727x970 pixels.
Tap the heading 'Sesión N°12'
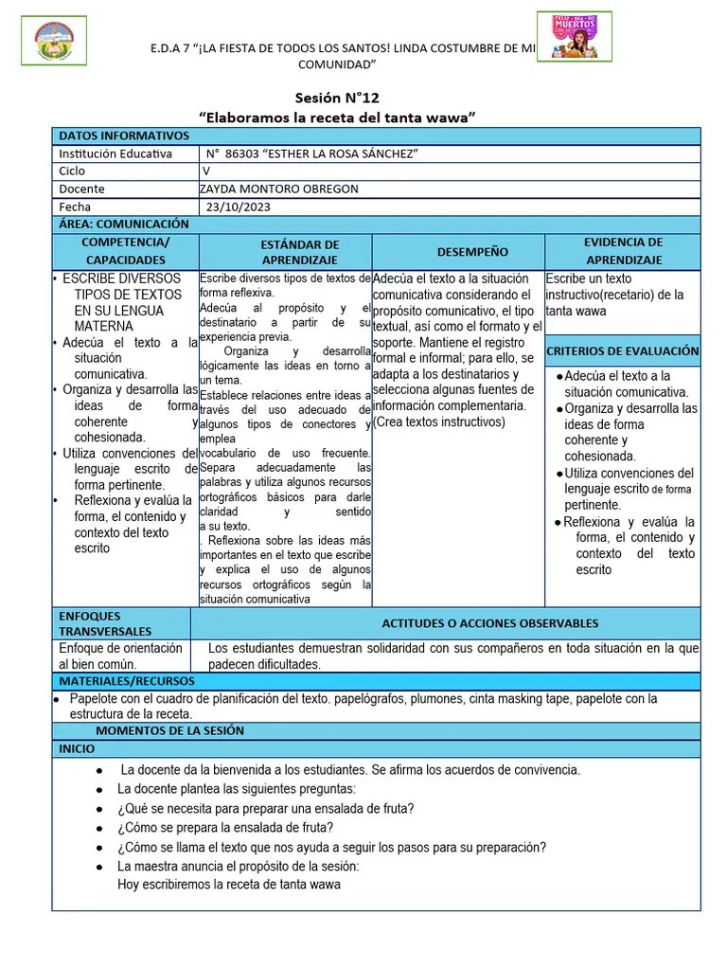337,98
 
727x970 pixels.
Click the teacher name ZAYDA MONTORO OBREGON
280,189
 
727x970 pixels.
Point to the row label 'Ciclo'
72,171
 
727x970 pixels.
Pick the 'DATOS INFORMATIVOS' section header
124,136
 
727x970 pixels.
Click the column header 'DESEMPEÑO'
458,252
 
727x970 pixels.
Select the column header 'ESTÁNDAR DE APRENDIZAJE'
285,252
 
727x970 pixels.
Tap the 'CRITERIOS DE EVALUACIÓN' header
623,350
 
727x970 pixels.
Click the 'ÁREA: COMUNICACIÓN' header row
124,225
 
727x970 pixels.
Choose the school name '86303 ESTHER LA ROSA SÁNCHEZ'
313,153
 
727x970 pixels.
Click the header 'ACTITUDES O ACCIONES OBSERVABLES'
489,623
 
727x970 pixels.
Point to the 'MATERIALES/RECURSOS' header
127,681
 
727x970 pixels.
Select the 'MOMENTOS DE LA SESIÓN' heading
169,730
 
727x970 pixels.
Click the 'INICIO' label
77,748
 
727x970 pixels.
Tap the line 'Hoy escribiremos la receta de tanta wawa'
228,885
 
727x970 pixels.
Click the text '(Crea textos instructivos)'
439,422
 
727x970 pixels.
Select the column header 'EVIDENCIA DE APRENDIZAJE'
623,251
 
